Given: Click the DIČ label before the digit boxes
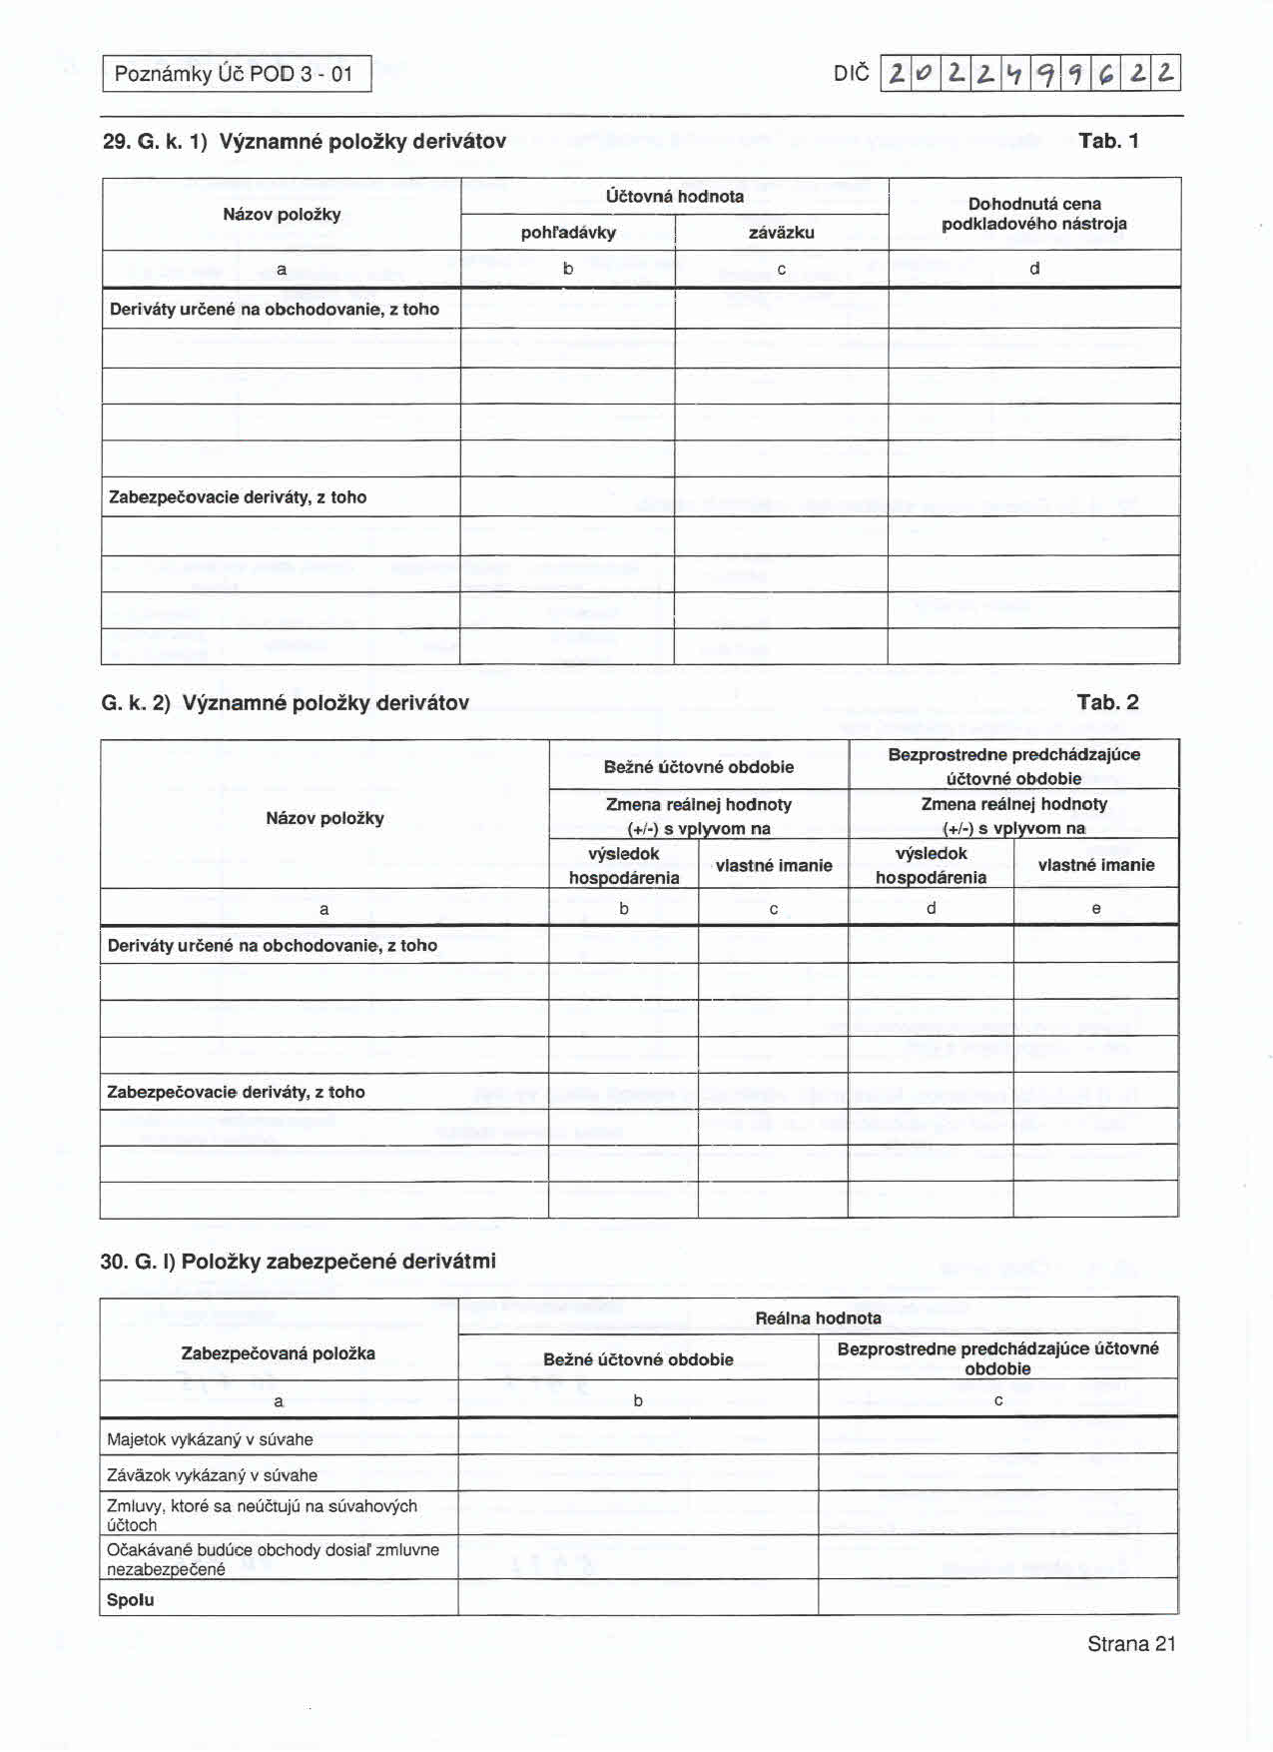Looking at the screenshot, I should click(851, 74).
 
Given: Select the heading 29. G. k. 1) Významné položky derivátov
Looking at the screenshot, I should click(305, 141).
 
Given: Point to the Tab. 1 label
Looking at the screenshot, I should click(1108, 141).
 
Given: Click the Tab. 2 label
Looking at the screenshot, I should click(1107, 702).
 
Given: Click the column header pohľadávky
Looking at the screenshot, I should click(568, 233).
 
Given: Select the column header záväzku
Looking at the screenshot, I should click(781, 233).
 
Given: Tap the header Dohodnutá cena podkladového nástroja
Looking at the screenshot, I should click(1033, 214).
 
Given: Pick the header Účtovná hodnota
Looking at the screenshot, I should click(674, 196).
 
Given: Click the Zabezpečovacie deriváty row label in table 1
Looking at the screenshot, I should click(238, 497).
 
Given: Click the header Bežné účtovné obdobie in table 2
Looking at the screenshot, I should click(698, 767).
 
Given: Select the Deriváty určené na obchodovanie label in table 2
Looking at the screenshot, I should click(272, 945).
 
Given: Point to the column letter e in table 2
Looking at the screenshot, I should click(1095, 908).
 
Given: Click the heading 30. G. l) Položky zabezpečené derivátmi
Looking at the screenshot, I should click(298, 1261).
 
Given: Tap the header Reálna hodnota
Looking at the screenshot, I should click(818, 1317).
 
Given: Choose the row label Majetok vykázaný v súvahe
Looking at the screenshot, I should click(210, 1439).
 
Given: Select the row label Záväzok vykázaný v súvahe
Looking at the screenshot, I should click(212, 1475).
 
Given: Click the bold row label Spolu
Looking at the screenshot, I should click(131, 1599).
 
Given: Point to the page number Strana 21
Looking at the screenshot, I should click(1131, 1644).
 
